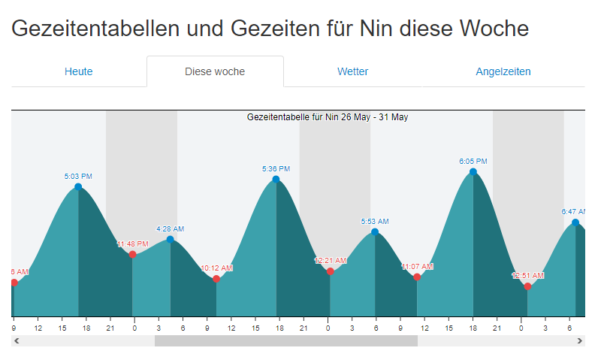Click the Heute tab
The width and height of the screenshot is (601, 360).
point(79,72)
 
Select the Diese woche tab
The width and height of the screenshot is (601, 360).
point(215,72)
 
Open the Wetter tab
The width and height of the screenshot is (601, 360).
point(352,72)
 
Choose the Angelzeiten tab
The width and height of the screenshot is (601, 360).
point(503,72)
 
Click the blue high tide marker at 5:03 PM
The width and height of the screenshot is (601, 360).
point(78,186)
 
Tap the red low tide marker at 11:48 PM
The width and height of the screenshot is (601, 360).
point(133,254)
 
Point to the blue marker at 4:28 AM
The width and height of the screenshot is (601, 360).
point(171,239)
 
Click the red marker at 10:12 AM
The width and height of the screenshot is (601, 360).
point(216,279)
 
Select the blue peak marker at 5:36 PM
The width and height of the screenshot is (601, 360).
point(276,179)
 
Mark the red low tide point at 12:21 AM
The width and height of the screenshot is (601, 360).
point(331,271)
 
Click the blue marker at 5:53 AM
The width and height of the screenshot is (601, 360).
point(375,232)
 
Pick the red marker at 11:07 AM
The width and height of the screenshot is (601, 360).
point(417,277)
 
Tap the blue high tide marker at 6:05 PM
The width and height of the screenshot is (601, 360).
point(473,171)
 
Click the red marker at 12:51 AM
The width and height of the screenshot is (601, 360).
point(527,286)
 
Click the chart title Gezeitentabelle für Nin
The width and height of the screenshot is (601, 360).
point(328,117)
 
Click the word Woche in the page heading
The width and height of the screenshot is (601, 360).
point(492,29)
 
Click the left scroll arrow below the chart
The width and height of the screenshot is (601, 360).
point(17,340)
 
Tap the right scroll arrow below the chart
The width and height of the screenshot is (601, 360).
point(580,340)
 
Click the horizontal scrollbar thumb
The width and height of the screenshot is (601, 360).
point(285,340)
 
